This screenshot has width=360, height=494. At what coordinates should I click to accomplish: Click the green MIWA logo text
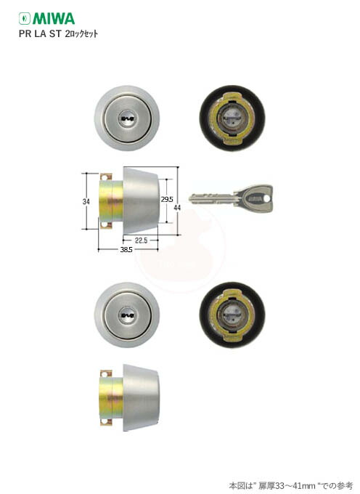click(54, 19)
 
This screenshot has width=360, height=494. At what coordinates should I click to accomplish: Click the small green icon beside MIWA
click(25, 19)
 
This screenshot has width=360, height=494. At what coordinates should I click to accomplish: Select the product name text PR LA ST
click(40, 33)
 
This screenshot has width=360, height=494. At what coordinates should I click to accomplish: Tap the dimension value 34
click(86, 201)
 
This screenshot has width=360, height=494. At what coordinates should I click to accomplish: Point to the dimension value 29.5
click(167, 200)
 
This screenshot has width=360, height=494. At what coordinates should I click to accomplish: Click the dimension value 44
click(177, 208)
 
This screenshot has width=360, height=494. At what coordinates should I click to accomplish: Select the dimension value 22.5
click(141, 240)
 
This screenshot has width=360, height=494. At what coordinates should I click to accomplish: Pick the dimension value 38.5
click(126, 250)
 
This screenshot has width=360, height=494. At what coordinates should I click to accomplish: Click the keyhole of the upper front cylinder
click(127, 118)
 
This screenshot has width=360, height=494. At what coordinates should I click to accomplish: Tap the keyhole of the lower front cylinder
click(127, 315)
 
